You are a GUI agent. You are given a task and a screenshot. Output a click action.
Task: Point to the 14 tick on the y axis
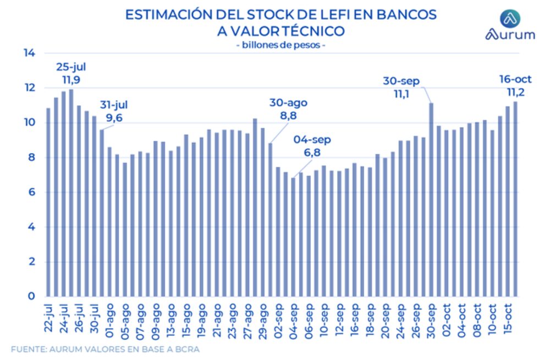point(29,53)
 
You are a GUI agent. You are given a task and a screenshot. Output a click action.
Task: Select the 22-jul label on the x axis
point(48,316)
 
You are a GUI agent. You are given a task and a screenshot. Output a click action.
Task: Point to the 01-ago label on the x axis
point(109,316)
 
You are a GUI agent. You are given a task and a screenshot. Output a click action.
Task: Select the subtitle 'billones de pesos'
point(280,45)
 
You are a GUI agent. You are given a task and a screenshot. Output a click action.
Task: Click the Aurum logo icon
point(509,19)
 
